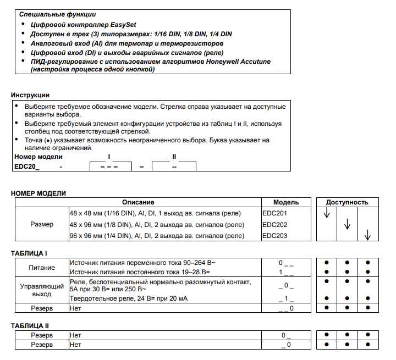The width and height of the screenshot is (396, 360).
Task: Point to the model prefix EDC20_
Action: tap(27, 166)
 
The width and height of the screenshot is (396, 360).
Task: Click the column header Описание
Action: tap(138, 202)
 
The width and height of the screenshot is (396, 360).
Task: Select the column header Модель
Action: tap(286, 202)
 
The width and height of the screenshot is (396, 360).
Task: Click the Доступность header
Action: tap(347, 202)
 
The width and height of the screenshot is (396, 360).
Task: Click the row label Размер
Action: tap(42, 224)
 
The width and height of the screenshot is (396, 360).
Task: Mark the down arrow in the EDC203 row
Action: tap(367, 236)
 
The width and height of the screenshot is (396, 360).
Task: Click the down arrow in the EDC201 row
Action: tap(326, 213)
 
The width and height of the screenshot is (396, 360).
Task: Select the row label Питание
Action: tap(42, 267)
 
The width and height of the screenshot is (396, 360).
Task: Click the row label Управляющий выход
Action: tap(42, 290)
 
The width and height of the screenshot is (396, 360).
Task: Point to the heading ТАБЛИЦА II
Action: tap(30, 326)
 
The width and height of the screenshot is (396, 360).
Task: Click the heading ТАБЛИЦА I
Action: tap(29, 253)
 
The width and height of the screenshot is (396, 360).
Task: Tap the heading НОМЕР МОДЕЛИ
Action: tap(38, 193)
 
